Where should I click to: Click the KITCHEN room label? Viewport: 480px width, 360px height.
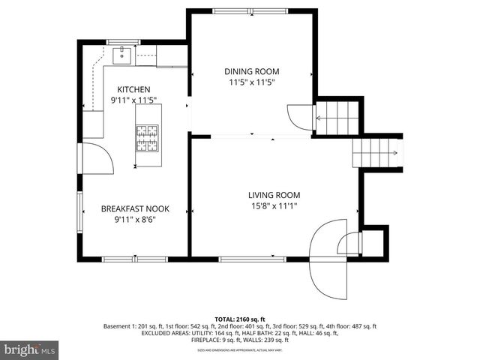133,88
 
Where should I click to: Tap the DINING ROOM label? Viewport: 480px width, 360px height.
251,71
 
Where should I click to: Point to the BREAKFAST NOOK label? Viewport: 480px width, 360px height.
133,209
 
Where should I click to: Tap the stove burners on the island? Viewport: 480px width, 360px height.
147,138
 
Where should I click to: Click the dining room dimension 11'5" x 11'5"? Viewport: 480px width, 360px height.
251,82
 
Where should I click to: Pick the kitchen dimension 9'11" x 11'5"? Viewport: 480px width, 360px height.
133,100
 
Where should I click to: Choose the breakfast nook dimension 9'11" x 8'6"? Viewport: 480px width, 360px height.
133,220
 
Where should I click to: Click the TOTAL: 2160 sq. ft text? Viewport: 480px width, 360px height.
240,319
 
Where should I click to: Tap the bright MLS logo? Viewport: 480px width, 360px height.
29,350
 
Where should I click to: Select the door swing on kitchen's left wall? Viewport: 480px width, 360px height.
96,157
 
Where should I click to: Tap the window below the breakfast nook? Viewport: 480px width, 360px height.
124,259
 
